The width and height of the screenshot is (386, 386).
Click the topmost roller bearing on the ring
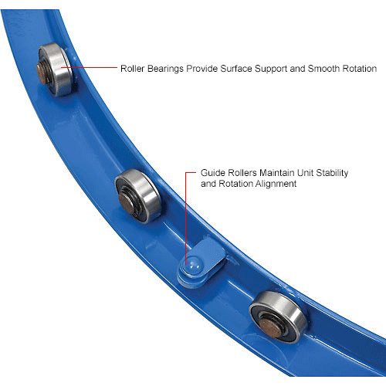coord(55,69)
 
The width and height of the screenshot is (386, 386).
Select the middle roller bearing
coord(137,196)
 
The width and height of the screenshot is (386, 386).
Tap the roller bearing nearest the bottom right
coord(278,317)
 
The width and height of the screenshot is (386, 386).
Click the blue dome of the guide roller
coord(194,266)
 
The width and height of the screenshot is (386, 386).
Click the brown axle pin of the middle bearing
coord(126,203)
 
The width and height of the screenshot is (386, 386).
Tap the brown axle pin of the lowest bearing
coord(270,328)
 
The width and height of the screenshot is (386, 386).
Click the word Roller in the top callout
coord(133,69)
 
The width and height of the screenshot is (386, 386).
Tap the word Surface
coord(236,69)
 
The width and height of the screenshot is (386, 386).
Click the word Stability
coord(332,173)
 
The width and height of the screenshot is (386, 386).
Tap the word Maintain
coord(277,173)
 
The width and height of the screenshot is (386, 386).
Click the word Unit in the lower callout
coord(305,173)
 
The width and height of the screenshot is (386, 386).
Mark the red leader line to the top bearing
coord(89,68)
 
